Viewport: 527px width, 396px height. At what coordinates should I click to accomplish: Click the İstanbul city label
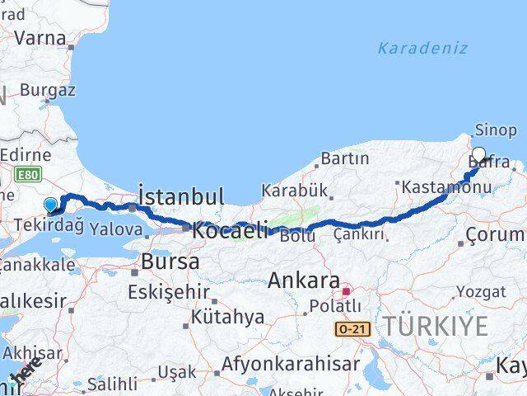[181, 197]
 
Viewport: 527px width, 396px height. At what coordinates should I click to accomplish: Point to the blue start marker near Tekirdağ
[50, 205]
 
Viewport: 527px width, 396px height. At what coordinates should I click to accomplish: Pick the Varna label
[41, 37]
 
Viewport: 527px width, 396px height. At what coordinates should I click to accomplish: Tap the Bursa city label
[170, 262]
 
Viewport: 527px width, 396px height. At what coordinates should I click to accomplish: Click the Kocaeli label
[231, 230]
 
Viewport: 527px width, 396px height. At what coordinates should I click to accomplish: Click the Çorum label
[496, 236]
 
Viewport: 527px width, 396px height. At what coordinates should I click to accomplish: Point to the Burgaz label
[48, 90]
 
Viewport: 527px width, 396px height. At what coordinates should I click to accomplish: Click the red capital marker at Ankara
[347, 290]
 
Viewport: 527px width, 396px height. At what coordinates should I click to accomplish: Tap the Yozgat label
[482, 291]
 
